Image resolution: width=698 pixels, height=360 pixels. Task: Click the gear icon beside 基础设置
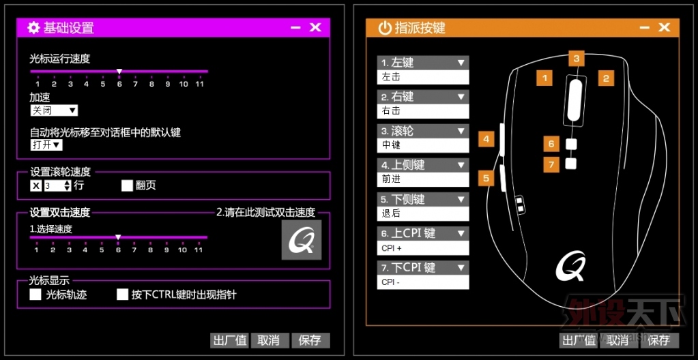(x=33, y=27)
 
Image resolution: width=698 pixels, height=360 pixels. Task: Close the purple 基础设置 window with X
(x=315, y=27)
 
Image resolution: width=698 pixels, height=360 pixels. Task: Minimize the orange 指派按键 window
(x=644, y=27)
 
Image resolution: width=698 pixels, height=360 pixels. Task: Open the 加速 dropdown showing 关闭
(x=54, y=110)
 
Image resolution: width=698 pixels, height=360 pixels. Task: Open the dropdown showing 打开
(x=46, y=145)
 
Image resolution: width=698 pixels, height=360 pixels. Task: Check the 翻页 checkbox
(x=127, y=185)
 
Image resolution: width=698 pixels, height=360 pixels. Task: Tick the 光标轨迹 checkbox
(x=35, y=295)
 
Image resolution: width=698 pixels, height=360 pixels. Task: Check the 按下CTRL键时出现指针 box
(x=122, y=295)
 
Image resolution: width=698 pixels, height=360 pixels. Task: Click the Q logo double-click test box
(x=302, y=240)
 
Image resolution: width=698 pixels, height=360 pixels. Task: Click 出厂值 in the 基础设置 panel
(x=229, y=340)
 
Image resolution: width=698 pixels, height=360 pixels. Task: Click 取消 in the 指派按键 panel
(x=617, y=340)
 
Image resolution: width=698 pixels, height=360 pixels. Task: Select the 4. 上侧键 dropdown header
(x=423, y=165)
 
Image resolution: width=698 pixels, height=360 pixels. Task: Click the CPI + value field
(x=423, y=248)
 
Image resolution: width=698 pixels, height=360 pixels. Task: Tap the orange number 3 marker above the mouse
(x=576, y=58)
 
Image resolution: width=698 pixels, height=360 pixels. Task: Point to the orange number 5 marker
(x=486, y=179)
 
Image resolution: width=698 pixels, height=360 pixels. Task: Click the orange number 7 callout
(x=551, y=164)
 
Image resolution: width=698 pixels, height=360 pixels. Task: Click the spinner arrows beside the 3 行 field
(x=68, y=185)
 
